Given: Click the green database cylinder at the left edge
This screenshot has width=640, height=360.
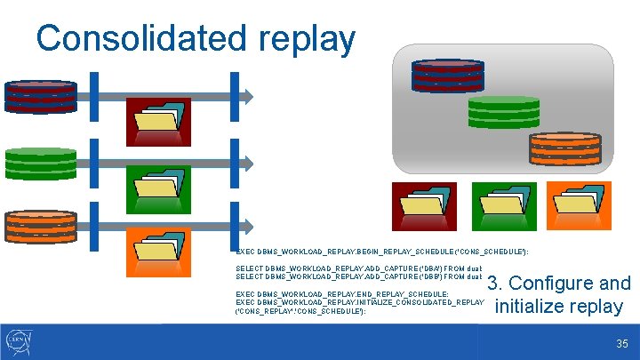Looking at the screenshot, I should point(41,164).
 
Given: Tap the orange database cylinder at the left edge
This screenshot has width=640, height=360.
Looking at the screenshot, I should point(41,226).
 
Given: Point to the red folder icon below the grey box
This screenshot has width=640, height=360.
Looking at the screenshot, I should point(425,206).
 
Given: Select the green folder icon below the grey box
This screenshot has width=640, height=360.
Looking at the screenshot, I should point(503,206).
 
